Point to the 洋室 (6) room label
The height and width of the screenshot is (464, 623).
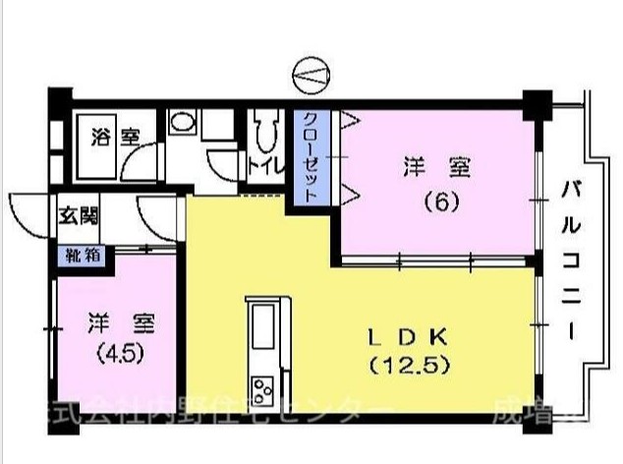point(436,168)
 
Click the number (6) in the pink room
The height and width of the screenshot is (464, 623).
point(436,203)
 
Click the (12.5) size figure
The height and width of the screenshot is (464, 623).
point(410,367)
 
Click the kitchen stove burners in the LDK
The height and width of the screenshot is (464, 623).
point(264,389)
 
